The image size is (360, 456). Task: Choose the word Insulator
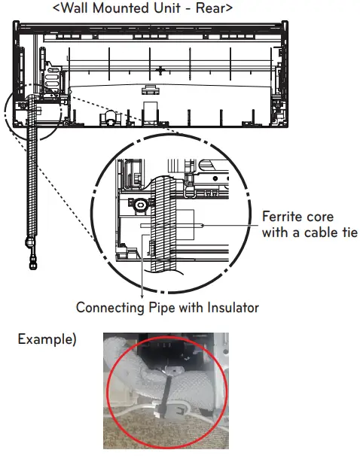click(230, 307)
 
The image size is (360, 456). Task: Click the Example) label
click(47, 339)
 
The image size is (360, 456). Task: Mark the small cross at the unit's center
click(160, 69)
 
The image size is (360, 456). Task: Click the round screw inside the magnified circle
click(140, 204)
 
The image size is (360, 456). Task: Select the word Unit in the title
click(183, 9)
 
